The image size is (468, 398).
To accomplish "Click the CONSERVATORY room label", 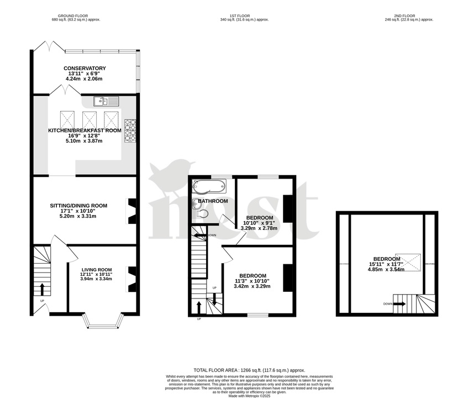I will click(85, 68).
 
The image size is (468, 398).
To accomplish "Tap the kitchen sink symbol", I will click(106, 101).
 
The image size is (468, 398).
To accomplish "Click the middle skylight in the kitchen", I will click(90, 119).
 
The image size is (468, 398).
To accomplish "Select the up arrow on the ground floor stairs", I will click(42, 289).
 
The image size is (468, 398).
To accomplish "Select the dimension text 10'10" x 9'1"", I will click(259, 223).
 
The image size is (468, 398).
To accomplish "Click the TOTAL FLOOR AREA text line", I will click(249, 370).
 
